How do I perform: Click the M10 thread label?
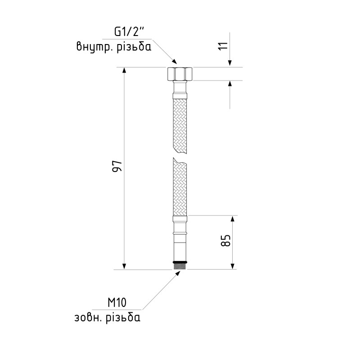point(117,302)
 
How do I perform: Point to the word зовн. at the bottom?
point(88,318)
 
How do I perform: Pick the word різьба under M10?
point(123,318)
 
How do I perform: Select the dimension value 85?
point(226,240)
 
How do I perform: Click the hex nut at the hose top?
point(180,74)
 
